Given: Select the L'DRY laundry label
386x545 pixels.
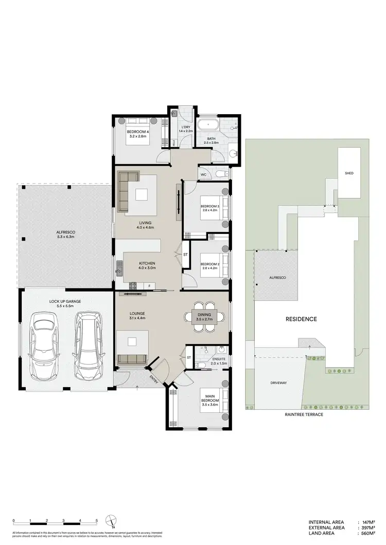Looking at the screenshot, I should (x=185, y=129).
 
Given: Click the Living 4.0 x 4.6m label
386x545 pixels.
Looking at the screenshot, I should (x=146, y=225).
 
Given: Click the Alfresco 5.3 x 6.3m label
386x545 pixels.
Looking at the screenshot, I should (x=66, y=235).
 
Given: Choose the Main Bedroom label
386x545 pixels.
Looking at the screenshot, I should (x=210, y=401).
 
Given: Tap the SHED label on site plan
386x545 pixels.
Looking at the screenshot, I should (x=349, y=173).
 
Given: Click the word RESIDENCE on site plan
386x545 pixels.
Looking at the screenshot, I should (x=301, y=319).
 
